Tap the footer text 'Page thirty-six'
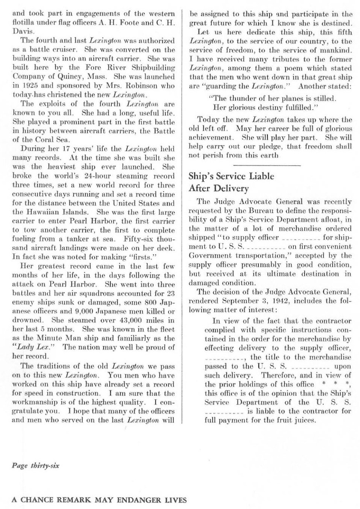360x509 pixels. point(35,465)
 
